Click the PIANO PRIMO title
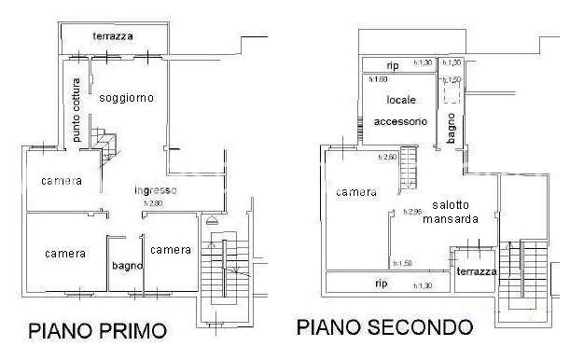[x=97, y=330]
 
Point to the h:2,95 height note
[x=412, y=212]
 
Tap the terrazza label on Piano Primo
[x=113, y=36]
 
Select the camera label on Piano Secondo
[x=356, y=192]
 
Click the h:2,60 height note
[x=388, y=157]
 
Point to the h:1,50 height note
[x=403, y=264]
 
